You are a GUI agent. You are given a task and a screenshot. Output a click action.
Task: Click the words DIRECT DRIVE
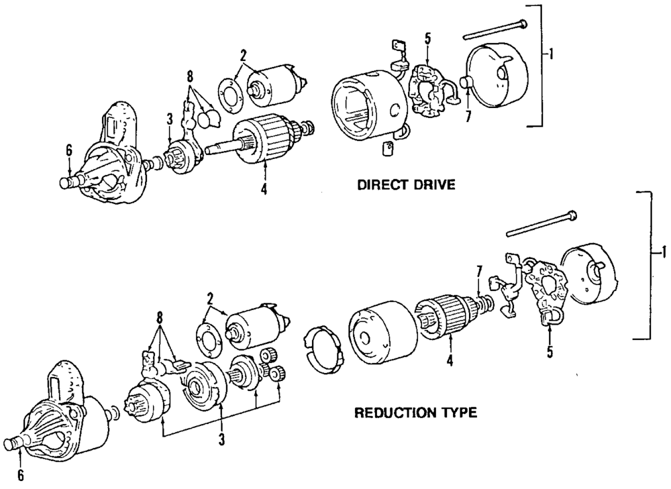point(406,185)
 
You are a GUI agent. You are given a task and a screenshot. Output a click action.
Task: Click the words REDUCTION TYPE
point(415,413)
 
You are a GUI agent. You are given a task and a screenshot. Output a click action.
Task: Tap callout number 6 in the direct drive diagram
point(69,151)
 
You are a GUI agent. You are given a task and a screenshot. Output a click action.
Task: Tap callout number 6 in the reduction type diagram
point(21,475)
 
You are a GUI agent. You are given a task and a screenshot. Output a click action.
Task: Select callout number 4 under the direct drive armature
point(264,188)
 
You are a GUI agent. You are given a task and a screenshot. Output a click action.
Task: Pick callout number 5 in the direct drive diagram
point(427,38)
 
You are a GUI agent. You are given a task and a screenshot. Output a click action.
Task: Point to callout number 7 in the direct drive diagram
point(468,115)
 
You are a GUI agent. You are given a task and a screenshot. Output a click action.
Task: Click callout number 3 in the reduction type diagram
point(221,439)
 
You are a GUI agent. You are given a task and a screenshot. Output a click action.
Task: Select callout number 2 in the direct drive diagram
point(243,56)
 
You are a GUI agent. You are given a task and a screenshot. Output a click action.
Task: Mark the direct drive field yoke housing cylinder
point(370,105)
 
